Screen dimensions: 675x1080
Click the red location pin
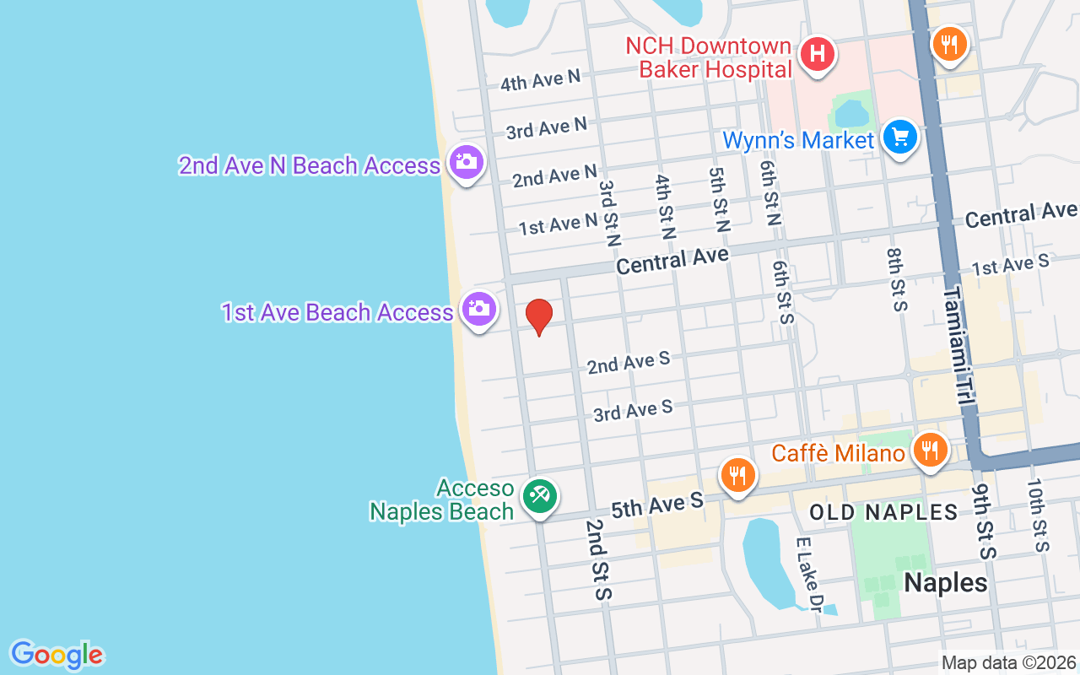538,316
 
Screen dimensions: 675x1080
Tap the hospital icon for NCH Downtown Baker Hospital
817,55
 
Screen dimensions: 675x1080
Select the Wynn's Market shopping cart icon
900,136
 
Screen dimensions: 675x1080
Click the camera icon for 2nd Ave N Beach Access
466,160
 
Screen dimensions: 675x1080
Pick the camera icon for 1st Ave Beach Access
478,308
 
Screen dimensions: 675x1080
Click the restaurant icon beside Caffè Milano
929,449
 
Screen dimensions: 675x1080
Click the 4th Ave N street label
540,80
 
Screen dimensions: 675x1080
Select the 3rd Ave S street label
633,411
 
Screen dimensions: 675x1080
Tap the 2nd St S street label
597,559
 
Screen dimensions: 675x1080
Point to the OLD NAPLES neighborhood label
883,512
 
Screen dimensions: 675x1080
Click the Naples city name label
945,582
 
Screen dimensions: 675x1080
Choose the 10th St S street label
1037,515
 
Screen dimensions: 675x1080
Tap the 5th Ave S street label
656,505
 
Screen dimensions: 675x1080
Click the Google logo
57,655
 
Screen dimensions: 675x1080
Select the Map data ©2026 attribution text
1008,663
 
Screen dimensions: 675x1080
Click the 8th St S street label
897,278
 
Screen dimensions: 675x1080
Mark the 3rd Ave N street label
546,128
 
